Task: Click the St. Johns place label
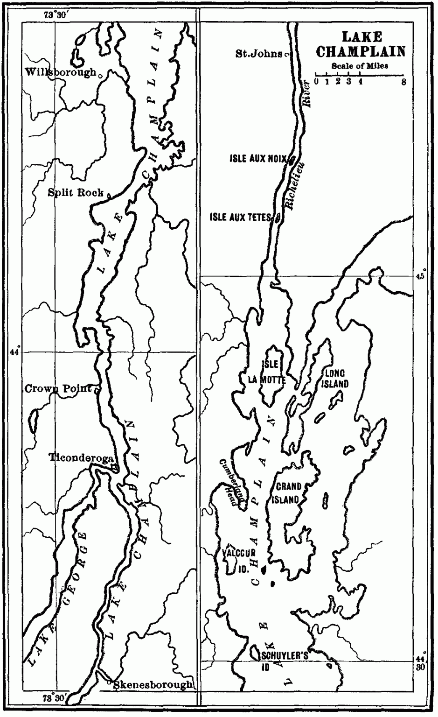[x=259, y=54]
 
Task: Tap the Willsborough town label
[x=61, y=72]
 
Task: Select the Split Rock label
[x=76, y=193]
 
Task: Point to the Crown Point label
[x=58, y=388]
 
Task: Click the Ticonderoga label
[x=82, y=458]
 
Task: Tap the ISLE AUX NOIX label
[x=257, y=159]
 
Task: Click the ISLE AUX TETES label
[x=240, y=217]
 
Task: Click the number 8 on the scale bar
[x=403, y=82]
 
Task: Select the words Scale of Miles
[x=360, y=66]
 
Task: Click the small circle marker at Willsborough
[x=99, y=73]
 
